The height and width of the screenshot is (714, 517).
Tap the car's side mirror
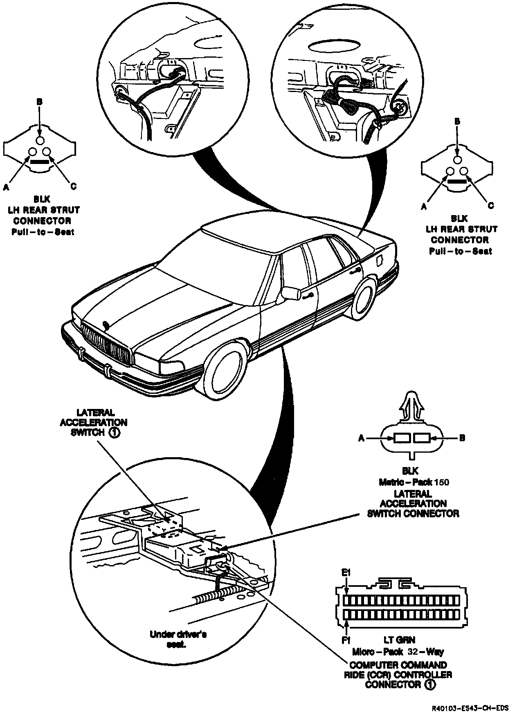coord(291,293)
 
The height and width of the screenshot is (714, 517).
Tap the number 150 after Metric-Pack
coord(442,482)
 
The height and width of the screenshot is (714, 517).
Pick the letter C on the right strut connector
coord(491,206)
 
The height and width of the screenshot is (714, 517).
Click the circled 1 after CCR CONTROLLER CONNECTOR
coord(429,684)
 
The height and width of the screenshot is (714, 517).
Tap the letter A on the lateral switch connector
coord(362,438)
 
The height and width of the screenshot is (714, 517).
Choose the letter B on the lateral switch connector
coord(462,438)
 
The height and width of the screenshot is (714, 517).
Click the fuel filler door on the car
coord(380,260)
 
